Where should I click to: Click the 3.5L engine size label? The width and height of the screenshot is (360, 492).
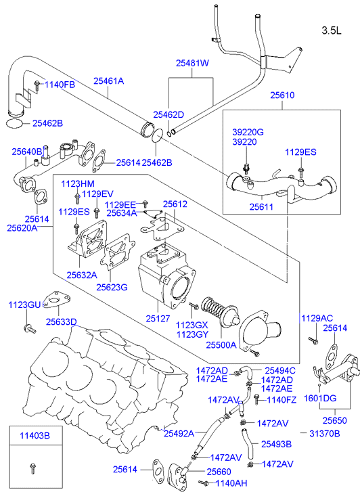click(x=332, y=30)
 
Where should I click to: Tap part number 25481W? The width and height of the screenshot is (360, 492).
click(x=192, y=63)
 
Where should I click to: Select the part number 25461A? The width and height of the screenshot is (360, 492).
click(x=108, y=81)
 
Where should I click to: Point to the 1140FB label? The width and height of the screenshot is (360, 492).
click(x=60, y=85)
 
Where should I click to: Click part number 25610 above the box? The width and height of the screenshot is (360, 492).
click(x=282, y=95)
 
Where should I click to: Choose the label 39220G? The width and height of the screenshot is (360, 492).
click(x=248, y=132)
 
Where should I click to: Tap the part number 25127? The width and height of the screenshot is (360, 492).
click(x=158, y=319)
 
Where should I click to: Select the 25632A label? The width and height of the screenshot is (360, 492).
click(x=82, y=275)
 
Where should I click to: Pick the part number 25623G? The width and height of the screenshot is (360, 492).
click(x=112, y=287)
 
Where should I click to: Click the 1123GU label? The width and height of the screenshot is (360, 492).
click(x=24, y=305)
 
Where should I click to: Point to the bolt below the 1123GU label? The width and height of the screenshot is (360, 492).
click(x=30, y=328)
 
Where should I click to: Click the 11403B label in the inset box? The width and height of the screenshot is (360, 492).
click(x=35, y=436)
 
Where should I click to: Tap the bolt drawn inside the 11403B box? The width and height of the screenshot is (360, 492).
click(x=32, y=468)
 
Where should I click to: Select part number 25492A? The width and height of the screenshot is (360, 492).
click(x=179, y=433)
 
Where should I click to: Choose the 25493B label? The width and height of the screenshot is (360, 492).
click(x=277, y=444)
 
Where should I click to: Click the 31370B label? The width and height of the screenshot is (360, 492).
click(x=325, y=433)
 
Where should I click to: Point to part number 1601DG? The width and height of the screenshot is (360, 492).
click(x=320, y=398)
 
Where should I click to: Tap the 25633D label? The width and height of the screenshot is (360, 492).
click(x=61, y=322)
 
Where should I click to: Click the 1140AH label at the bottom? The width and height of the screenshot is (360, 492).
click(x=231, y=483)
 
